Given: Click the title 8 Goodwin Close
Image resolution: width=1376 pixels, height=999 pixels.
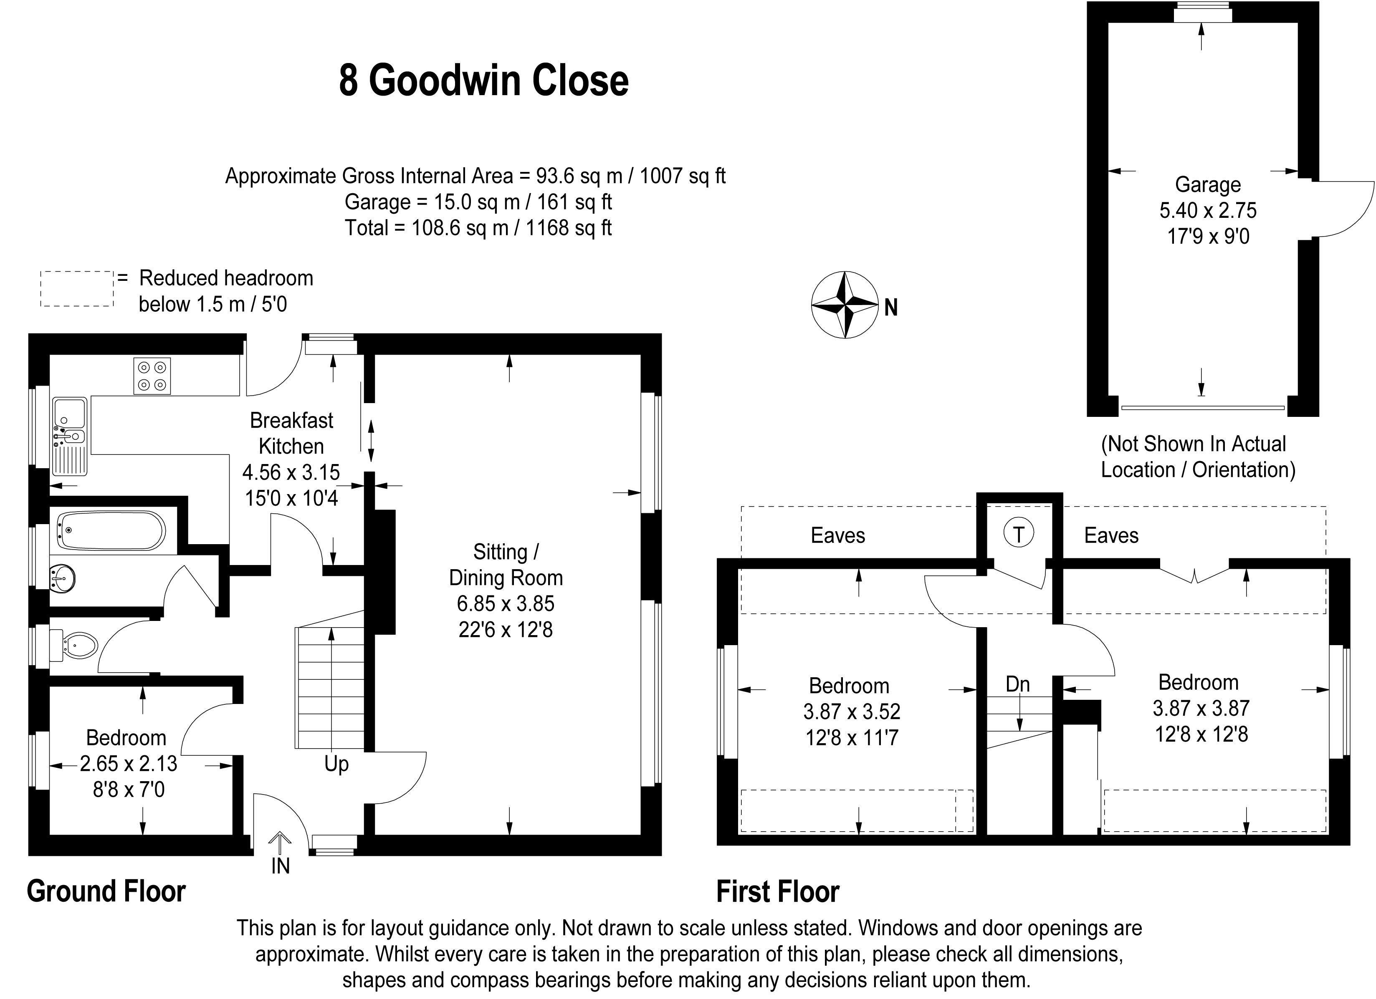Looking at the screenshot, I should coord(483,81).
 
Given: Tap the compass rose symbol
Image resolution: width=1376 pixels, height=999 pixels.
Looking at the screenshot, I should coord(845,305).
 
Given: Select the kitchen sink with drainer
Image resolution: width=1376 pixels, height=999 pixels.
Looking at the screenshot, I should coord(71,436).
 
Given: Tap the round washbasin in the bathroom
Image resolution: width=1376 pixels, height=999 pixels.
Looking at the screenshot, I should coord(63,578).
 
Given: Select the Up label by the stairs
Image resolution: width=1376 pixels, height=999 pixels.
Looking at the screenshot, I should coord(336,764).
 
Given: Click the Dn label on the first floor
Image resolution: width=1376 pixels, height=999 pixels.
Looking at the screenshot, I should coord(1017,684).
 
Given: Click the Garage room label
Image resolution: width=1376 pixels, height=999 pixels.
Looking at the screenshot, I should coord(1207,184).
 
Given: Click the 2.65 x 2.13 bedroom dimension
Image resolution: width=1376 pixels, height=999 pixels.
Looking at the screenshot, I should coord(129,764).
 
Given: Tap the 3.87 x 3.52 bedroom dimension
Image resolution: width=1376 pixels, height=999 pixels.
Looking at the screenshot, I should coord(852,711).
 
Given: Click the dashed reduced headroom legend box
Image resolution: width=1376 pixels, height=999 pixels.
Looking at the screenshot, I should coord(77,289).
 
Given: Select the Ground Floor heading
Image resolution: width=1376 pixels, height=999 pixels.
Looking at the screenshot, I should coord(106,892).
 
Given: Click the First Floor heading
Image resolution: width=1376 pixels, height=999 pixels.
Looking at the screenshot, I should coord(778,892).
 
